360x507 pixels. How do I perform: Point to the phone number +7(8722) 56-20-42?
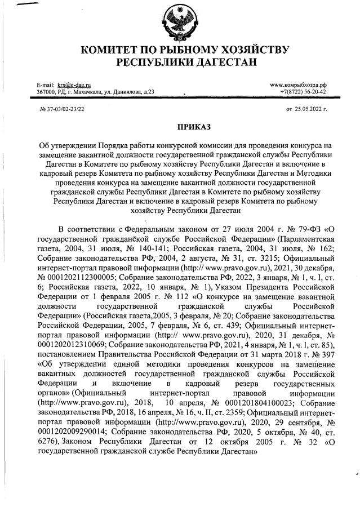click(x=304, y=91)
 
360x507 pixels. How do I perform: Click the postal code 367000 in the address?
click(x=47, y=91)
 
